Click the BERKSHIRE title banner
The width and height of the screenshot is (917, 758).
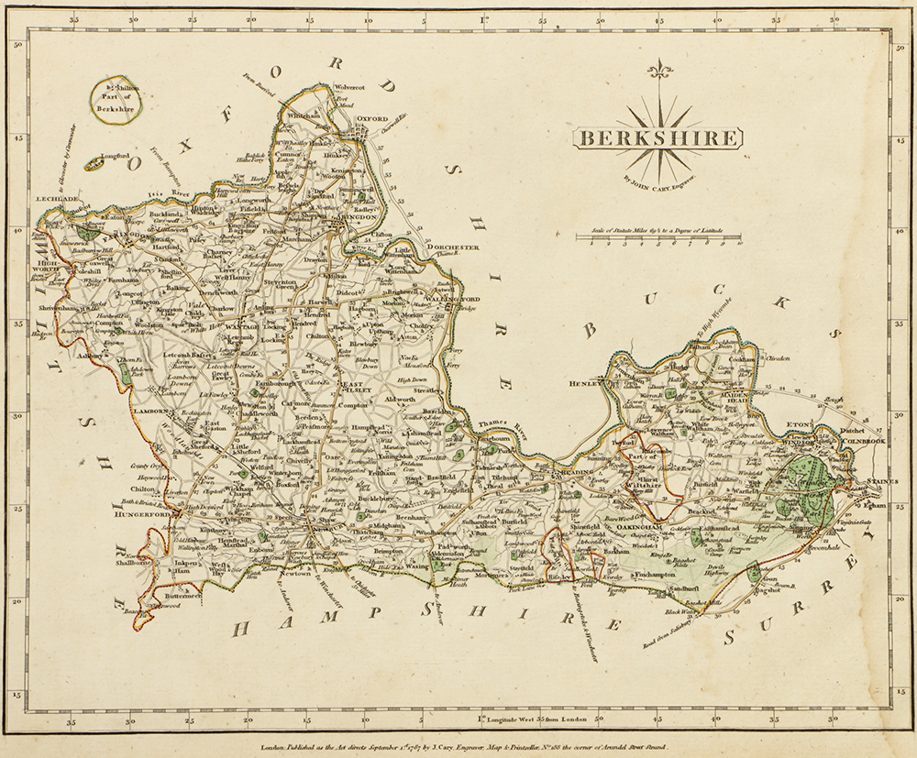click(657, 138)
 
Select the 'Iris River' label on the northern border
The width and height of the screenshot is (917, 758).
click(174, 194)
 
